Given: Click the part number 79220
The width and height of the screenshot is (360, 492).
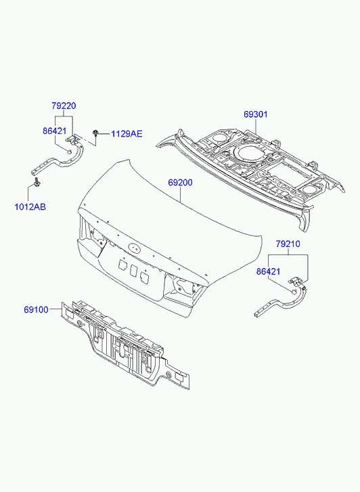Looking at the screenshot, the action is [x=64, y=106].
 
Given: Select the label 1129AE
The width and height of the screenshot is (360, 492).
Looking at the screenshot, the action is [x=127, y=134].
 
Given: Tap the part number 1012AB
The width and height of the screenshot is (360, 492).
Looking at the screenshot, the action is [x=30, y=207].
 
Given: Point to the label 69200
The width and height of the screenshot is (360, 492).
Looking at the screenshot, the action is [x=180, y=182].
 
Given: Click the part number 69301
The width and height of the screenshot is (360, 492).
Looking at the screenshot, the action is [x=256, y=114].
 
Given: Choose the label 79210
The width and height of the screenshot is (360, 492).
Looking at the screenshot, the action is [x=288, y=244].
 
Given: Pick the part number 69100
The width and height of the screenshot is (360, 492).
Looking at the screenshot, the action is [x=36, y=310].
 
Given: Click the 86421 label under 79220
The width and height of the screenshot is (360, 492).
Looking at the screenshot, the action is [x=55, y=131].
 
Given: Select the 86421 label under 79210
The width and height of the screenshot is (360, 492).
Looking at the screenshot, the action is [x=269, y=271].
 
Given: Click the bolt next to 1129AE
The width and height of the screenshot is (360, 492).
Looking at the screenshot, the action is [x=95, y=133].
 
